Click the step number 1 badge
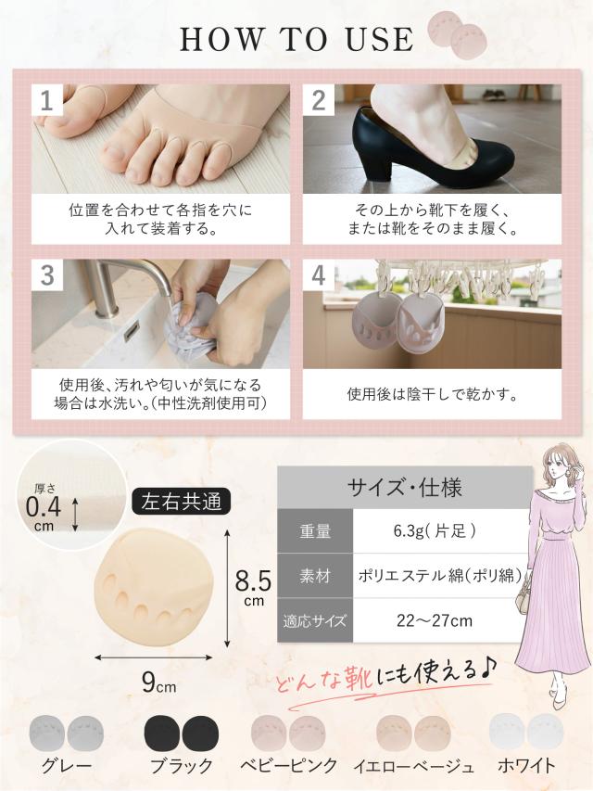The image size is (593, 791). (x=45, y=101)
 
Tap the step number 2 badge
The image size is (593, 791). (x=318, y=101)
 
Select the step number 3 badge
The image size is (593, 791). (x=45, y=274)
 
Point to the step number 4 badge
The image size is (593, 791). (x=318, y=274)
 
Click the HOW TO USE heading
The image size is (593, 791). (x=296, y=39)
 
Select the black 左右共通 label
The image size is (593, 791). (x=181, y=502)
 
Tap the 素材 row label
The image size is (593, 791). (x=314, y=575)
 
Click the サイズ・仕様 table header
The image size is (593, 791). (x=404, y=487)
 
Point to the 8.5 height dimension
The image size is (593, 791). (x=252, y=581)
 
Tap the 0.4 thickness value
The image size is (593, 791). (x=43, y=507)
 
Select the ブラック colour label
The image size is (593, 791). (x=181, y=766)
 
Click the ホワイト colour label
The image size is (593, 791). (x=525, y=766)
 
